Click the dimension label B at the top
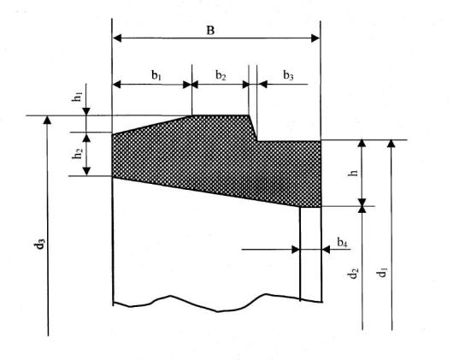click(x=210, y=30)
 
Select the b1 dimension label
click(x=156, y=75)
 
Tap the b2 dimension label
click(x=221, y=75)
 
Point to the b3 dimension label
click(x=288, y=75)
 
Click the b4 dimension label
click(x=342, y=242)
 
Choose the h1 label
click(x=78, y=97)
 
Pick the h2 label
click(x=78, y=154)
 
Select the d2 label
click(x=353, y=274)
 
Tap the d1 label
click(x=382, y=273)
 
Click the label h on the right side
click(x=353, y=173)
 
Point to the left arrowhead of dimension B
click(x=117, y=38)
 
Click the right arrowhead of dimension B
click(x=315, y=38)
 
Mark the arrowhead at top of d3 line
click(x=47, y=120)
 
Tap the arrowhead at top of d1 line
click(x=391, y=144)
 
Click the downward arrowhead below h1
click(x=86, y=111)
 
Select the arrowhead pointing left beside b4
click(x=326, y=250)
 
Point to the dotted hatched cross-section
click(x=217, y=161)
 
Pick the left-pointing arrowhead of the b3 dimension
click(x=262, y=85)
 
